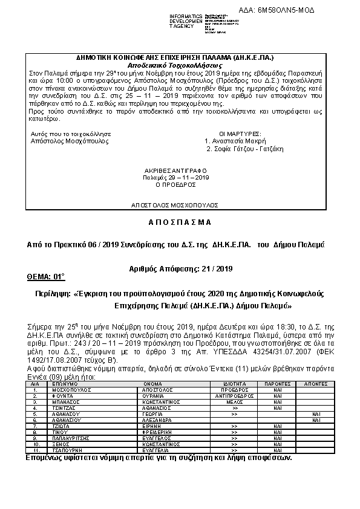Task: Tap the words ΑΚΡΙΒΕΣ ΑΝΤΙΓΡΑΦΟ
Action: click(176, 170)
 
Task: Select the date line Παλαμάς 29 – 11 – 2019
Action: click(176, 177)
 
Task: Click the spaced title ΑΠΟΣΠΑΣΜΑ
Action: click(180, 222)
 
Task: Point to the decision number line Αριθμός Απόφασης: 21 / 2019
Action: click(180, 268)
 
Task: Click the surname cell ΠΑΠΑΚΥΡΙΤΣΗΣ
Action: click(71, 438)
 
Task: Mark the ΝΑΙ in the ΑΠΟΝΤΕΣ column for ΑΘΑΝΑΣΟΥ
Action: click(316, 414)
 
